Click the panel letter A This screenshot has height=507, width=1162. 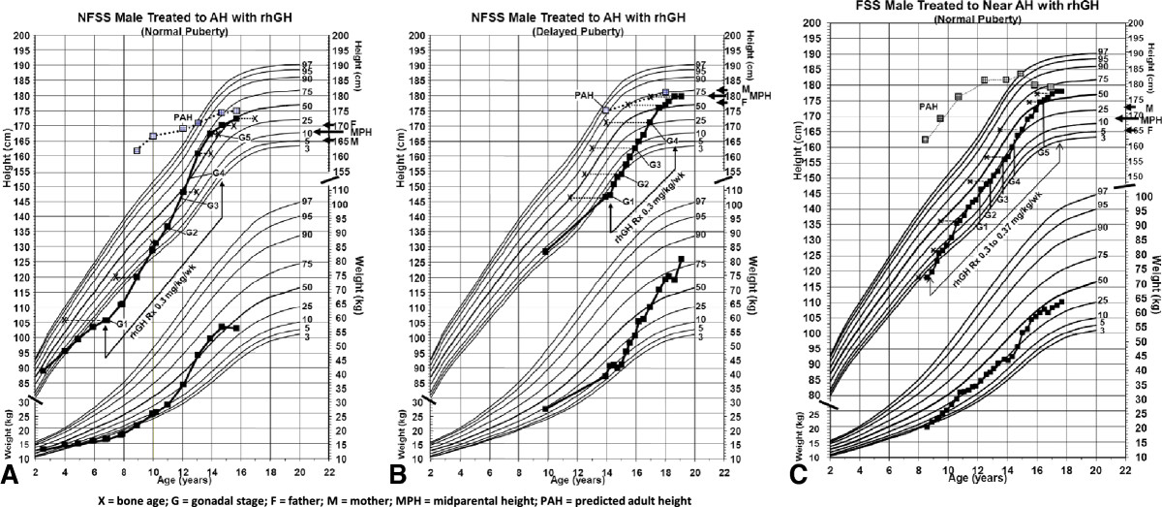coord(14,475)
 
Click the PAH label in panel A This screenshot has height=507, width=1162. coord(184,117)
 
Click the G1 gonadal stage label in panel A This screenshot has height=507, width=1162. coord(123,323)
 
